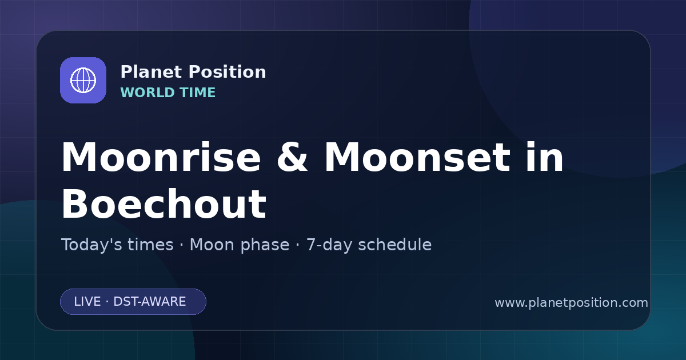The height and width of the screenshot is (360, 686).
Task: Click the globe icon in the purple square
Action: tap(83, 80)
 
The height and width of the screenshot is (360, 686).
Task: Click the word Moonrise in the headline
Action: tap(161, 157)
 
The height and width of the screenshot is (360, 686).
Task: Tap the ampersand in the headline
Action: tap(292, 157)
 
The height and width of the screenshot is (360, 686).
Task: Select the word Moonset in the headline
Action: tap(417, 157)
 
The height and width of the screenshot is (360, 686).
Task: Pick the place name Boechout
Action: tap(164, 204)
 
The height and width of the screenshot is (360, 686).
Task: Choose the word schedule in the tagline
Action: tap(395, 245)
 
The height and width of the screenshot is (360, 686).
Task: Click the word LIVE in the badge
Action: tap(87, 302)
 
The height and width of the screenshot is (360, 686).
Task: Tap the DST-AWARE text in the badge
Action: tap(149, 302)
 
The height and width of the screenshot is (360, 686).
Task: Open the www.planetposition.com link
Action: tap(571, 303)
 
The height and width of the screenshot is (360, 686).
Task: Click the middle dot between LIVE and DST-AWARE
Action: tap(107, 302)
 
